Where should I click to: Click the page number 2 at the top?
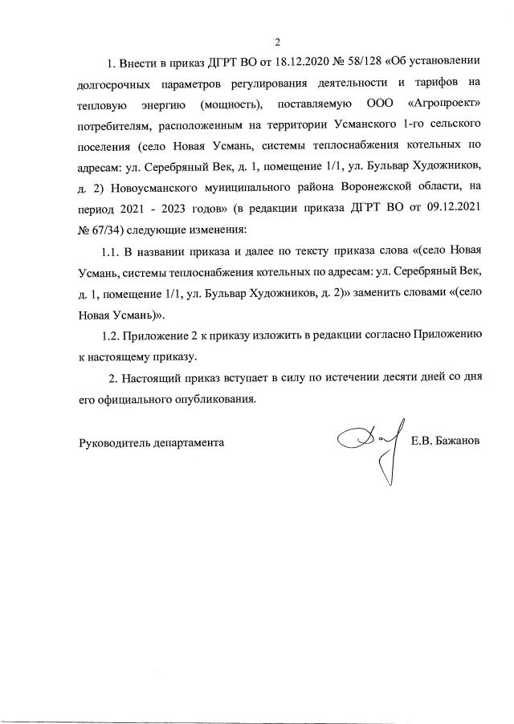tap(278, 43)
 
